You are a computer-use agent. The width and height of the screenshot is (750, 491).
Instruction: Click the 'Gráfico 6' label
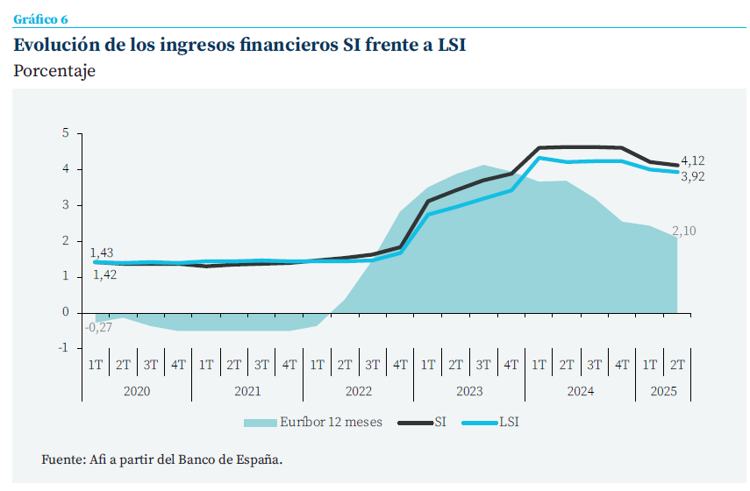point(40,19)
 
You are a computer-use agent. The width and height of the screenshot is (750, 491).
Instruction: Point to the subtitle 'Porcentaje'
point(54,72)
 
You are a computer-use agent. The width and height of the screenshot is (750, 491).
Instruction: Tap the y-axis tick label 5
point(65,133)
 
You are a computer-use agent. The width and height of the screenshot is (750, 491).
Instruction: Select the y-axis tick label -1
point(63,348)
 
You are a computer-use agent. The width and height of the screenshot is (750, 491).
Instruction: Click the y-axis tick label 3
point(65,205)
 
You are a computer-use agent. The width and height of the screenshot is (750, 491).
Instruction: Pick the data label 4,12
point(692,160)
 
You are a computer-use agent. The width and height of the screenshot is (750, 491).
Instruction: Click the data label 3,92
point(692,176)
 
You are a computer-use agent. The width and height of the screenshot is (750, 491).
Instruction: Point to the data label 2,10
point(684,231)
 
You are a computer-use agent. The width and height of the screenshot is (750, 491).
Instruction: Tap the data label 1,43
point(102,253)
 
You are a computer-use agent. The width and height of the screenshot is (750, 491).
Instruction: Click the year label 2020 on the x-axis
point(137,391)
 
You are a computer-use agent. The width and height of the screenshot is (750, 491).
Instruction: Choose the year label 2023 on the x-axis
point(469,391)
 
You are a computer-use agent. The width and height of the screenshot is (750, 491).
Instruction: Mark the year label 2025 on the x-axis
point(664,391)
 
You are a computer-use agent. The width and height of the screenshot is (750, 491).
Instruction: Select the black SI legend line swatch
point(415,422)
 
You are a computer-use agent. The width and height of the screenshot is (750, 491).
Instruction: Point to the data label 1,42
point(104,274)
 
